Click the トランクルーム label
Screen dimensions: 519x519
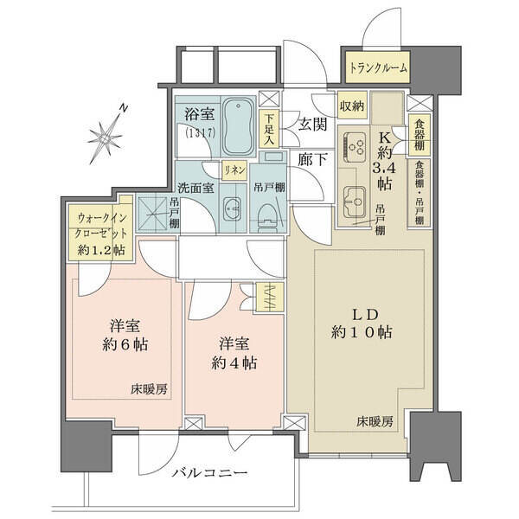point(378,68)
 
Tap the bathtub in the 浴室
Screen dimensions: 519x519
point(239,126)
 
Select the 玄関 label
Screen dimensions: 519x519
point(312,125)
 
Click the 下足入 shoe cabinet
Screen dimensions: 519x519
point(269,128)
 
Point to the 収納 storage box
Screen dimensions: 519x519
point(352,106)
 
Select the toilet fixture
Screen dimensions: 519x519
point(268,215)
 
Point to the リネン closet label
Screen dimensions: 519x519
point(234,170)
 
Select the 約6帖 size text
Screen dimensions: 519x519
point(125,345)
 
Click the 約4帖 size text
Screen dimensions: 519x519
point(234,363)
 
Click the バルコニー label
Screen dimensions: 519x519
point(210,472)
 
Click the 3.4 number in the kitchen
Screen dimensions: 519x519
point(384,169)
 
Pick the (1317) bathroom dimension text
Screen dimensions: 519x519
point(201,132)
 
